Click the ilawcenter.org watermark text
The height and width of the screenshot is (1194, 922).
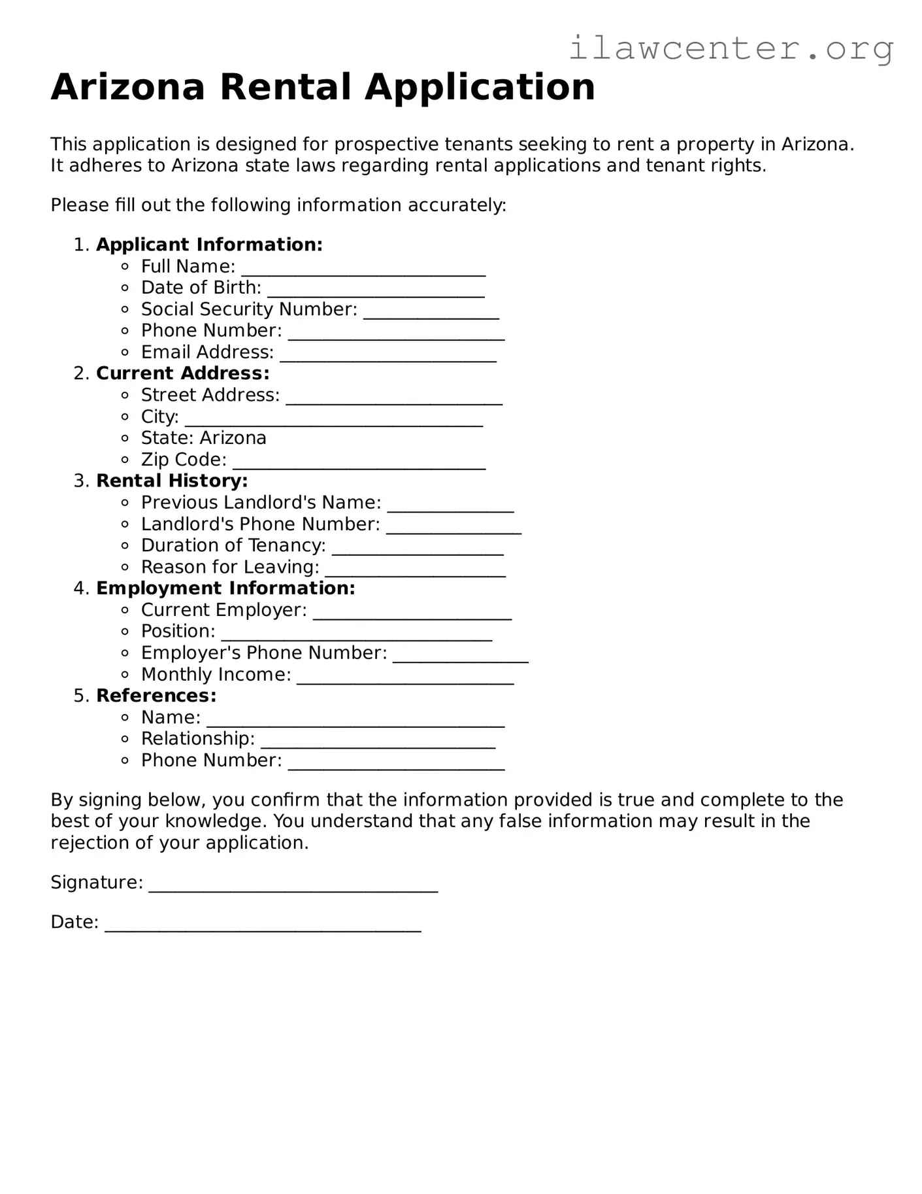731,48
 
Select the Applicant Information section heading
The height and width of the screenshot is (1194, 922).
209,245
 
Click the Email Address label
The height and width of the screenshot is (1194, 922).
207,352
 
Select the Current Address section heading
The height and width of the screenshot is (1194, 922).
182,373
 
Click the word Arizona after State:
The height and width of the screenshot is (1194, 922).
233,438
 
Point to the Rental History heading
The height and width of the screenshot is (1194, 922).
172,481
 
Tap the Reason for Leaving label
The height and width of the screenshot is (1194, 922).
230,567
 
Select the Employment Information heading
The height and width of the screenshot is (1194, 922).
225,588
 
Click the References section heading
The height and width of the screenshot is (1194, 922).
156,696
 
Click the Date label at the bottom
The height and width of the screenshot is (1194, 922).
74,922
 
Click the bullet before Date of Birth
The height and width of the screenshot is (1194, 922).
125,288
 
